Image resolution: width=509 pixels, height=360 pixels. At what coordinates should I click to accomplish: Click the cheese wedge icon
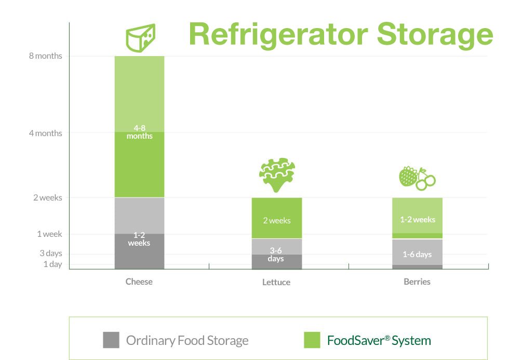(x=141, y=37)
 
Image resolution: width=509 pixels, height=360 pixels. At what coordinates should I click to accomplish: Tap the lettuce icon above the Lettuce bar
(x=277, y=175)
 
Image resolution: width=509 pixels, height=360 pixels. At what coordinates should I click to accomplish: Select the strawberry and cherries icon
(x=417, y=178)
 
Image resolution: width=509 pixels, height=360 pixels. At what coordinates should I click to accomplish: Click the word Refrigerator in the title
(x=278, y=35)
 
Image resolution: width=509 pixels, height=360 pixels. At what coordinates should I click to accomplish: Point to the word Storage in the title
(x=435, y=35)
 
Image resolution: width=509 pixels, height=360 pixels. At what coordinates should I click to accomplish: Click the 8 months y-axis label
(x=46, y=56)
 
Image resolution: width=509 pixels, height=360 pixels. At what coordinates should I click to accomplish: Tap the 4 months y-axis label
(x=46, y=133)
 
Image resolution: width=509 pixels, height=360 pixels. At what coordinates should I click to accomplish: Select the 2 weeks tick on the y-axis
(x=48, y=198)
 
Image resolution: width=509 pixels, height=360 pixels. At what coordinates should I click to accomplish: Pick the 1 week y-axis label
(x=49, y=234)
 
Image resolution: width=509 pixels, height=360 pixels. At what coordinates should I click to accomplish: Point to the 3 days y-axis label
(x=51, y=253)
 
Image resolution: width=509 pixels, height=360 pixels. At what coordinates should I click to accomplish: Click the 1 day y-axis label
(x=52, y=264)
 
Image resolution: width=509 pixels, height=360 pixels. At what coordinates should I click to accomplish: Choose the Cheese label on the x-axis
(x=139, y=282)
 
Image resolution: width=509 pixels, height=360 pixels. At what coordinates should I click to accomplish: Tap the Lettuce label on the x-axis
(x=276, y=282)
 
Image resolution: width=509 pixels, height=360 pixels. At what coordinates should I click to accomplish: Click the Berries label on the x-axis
(x=417, y=282)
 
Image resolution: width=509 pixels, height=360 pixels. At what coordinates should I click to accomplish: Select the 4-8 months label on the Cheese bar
(x=140, y=132)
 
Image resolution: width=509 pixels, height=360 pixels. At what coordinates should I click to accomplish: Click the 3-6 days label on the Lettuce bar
(x=276, y=255)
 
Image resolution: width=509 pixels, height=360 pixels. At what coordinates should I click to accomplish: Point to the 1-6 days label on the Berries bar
(x=417, y=254)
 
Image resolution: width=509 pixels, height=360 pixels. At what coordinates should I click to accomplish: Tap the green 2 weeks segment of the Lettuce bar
(x=277, y=218)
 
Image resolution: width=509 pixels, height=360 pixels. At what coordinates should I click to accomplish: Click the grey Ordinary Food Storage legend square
(x=111, y=340)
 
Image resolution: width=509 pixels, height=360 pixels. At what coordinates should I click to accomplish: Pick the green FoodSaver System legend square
(x=312, y=340)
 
